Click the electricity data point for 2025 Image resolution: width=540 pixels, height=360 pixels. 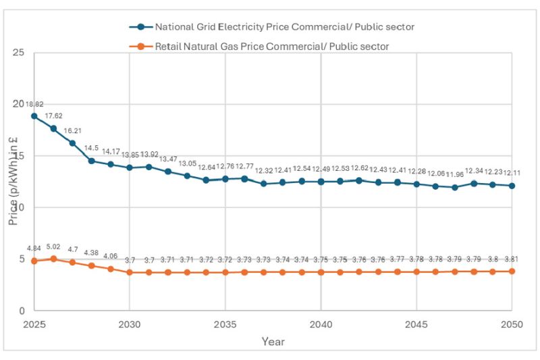click(34, 116)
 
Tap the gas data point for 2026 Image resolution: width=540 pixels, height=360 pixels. click(53, 259)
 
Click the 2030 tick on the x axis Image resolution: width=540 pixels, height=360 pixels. click(130, 324)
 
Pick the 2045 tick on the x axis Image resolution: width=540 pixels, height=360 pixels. click(416, 324)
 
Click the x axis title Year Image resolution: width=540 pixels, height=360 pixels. click(273, 342)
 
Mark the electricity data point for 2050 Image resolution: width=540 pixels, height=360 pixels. click(512, 186)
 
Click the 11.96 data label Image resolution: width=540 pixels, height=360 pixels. click(455, 175)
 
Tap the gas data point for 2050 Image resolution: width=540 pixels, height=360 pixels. click(512, 272)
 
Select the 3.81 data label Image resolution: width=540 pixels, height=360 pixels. click(512, 260)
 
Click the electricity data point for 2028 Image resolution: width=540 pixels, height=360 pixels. click(92, 161)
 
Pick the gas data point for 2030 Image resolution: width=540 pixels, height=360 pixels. click(130, 272)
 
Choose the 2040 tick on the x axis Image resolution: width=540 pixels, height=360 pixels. click(321, 324)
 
